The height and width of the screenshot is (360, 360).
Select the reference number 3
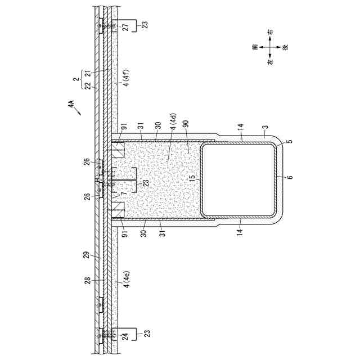264,136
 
